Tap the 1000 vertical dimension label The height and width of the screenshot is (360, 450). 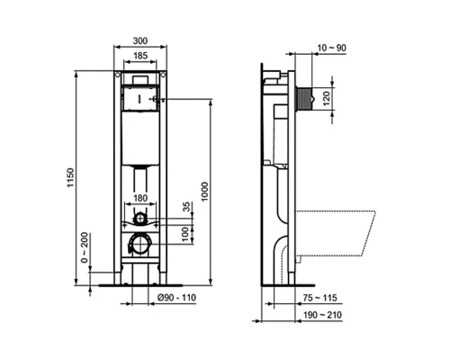[205, 193]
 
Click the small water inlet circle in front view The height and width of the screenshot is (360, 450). [139, 219]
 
